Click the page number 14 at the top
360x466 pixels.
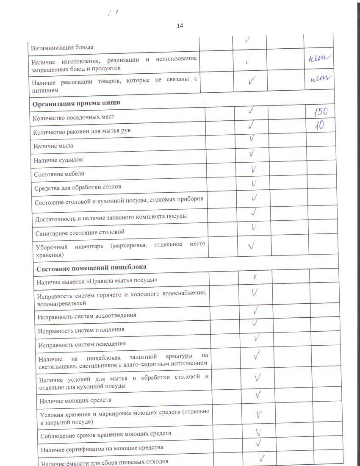click(180, 26)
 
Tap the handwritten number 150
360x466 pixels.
click(321, 113)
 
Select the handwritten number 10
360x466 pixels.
click(319, 126)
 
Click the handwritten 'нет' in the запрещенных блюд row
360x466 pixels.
click(319, 60)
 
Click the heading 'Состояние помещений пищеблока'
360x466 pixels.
click(91, 267)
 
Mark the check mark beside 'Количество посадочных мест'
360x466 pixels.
click(251, 111)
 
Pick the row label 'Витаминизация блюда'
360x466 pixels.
click(62, 47)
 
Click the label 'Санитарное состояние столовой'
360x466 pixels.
click(80, 232)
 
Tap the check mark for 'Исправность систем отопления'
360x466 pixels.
click(255, 324)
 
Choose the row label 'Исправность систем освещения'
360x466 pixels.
click(82, 344)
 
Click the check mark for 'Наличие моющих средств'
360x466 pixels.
click(258, 395)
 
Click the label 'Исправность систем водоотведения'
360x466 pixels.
click(87, 316)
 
